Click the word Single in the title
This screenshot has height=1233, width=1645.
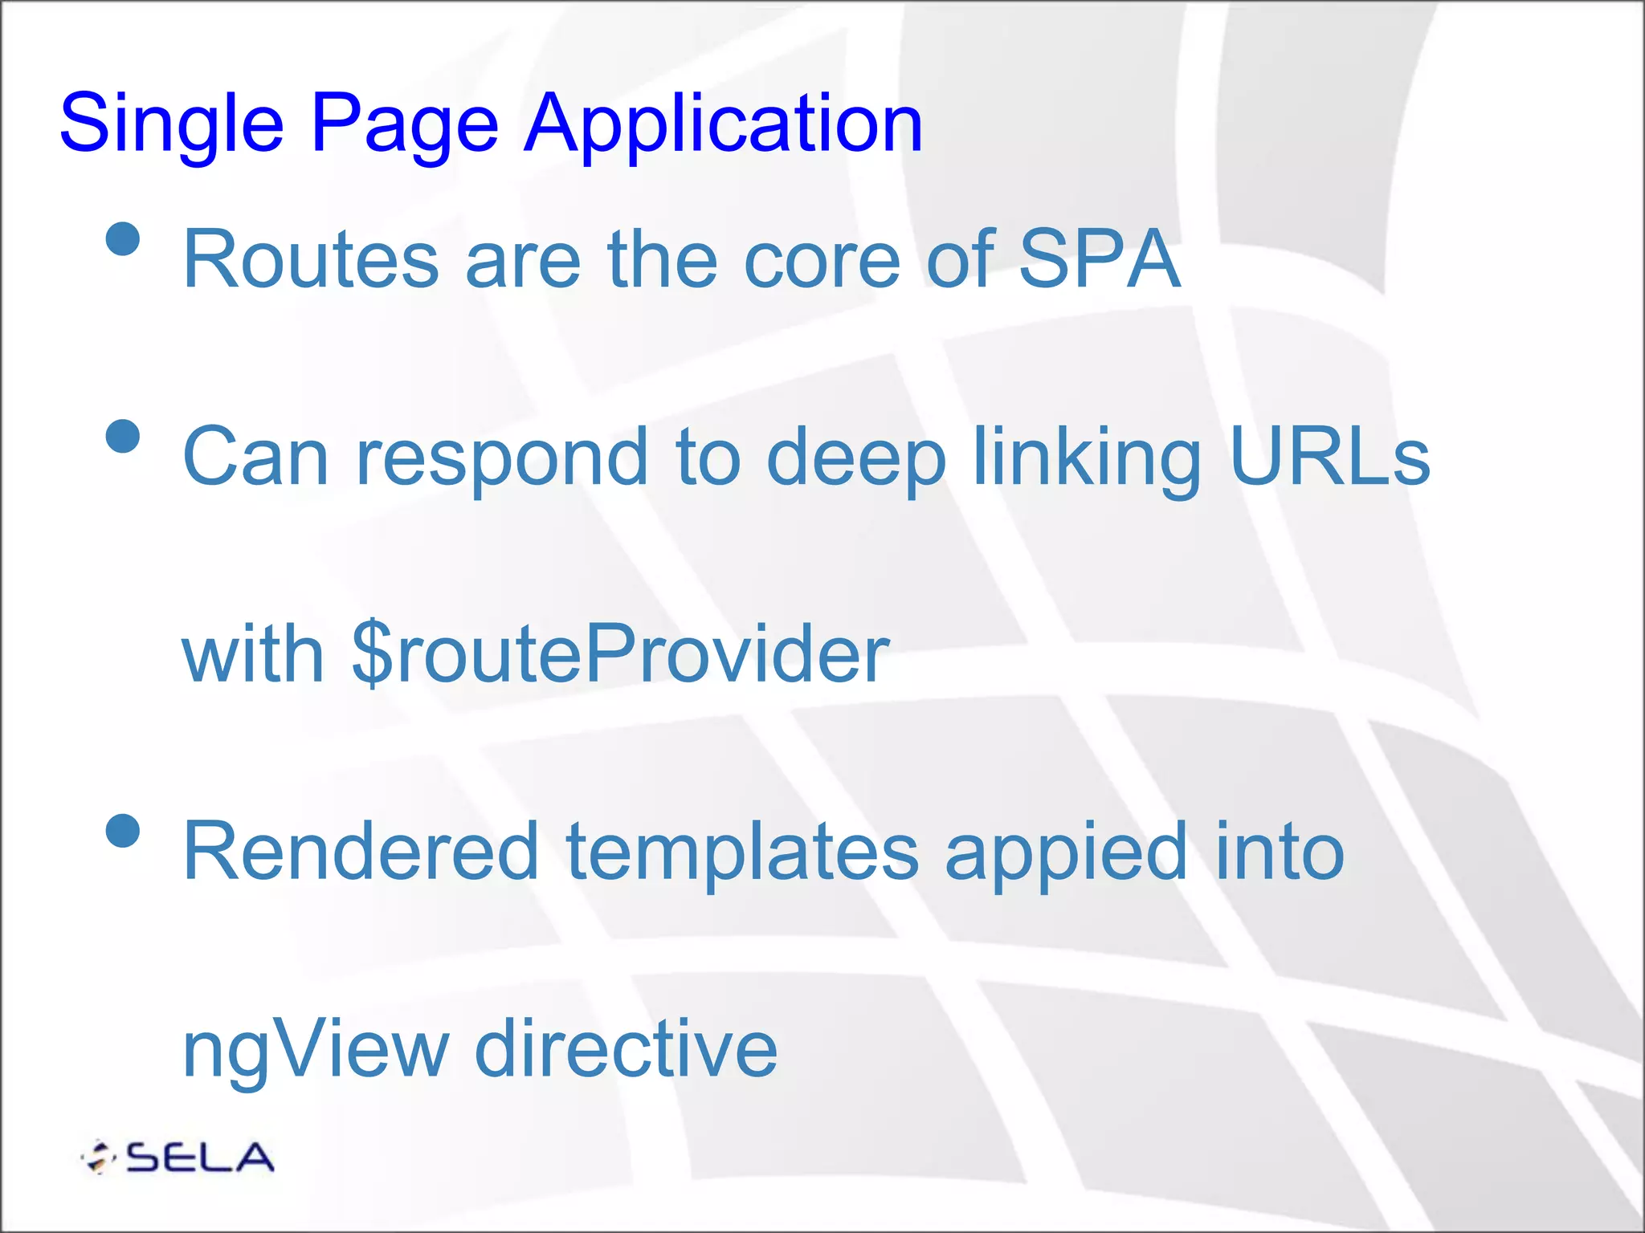click(x=171, y=124)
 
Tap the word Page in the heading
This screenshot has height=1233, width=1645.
click(x=404, y=124)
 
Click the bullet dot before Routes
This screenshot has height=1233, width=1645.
click(x=123, y=238)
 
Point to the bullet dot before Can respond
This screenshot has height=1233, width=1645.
click(x=123, y=436)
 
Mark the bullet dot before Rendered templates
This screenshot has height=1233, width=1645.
click(x=123, y=831)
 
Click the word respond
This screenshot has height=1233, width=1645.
click(x=502, y=458)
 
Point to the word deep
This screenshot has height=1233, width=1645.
click(x=855, y=458)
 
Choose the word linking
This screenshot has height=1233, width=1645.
click(x=1087, y=458)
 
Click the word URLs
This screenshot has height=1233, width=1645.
click(x=1329, y=458)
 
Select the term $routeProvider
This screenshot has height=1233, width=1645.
click(x=620, y=654)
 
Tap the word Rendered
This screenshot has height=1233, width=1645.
click(x=360, y=851)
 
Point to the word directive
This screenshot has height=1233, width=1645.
click(x=626, y=1048)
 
